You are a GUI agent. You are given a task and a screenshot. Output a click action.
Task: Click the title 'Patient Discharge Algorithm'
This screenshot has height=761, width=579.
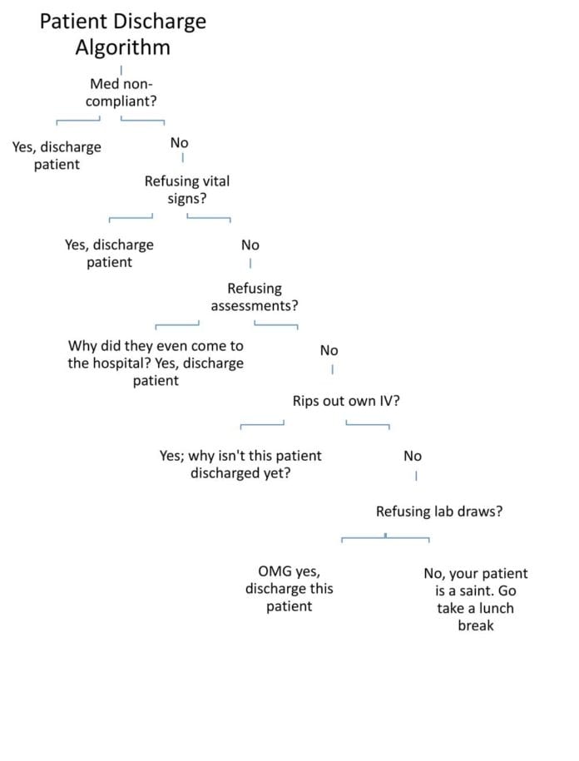pos(122,34)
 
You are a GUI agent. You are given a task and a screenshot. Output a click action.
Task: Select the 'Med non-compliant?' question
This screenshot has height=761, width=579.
pos(121,92)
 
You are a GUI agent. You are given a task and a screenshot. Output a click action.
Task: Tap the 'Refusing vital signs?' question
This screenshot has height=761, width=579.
pos(186,190)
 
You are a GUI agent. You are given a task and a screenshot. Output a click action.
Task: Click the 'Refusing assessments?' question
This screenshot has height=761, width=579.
pos(255,297)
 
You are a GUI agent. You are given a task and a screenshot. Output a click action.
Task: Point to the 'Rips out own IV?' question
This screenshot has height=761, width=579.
pos(346,401)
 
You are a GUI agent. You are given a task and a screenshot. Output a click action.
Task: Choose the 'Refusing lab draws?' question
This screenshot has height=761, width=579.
pos(438,511)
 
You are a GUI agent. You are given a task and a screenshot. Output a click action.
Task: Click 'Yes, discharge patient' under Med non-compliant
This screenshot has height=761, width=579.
pos(57,156)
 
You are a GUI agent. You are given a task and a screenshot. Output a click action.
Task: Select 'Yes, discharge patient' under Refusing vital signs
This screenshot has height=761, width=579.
pos(109,254)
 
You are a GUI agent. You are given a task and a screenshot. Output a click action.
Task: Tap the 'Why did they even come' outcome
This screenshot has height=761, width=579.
pos(156,363)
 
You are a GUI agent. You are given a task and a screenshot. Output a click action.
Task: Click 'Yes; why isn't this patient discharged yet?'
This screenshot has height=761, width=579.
pos(240,465)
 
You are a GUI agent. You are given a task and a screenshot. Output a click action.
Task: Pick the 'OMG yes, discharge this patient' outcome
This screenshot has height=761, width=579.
pos(289,589)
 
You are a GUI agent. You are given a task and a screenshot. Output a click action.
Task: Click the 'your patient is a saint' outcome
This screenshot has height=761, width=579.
pos(475,599)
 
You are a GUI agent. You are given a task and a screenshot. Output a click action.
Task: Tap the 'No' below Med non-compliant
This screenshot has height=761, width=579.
pos(179,143)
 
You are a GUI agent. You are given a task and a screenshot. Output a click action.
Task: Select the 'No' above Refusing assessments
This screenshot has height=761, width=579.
pos(250,245)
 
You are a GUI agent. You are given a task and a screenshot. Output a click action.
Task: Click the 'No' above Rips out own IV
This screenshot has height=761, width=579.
pos(329,351)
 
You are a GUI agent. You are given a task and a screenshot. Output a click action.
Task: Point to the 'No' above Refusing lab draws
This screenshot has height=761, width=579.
pos(412,456)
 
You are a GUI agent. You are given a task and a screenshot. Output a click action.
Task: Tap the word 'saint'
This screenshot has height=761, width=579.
pos(488,591)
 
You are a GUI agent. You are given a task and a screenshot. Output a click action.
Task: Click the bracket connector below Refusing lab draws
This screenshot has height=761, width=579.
pos(385,538)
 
